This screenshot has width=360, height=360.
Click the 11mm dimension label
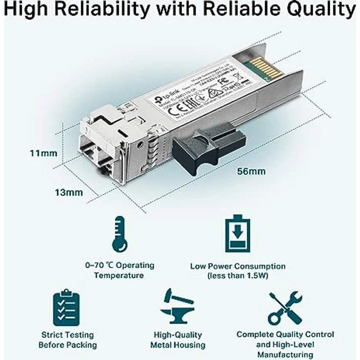tap(43, 153)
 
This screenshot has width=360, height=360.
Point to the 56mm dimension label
tap(251, 171)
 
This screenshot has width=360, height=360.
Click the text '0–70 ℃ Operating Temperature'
tap(119, 270)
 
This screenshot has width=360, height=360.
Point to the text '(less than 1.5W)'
tap(238, 276)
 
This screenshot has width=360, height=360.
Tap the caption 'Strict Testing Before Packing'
tap(67, 340)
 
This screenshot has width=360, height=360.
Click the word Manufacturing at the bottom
tap(285, 355)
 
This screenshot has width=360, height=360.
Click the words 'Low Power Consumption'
tap(238, 267)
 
